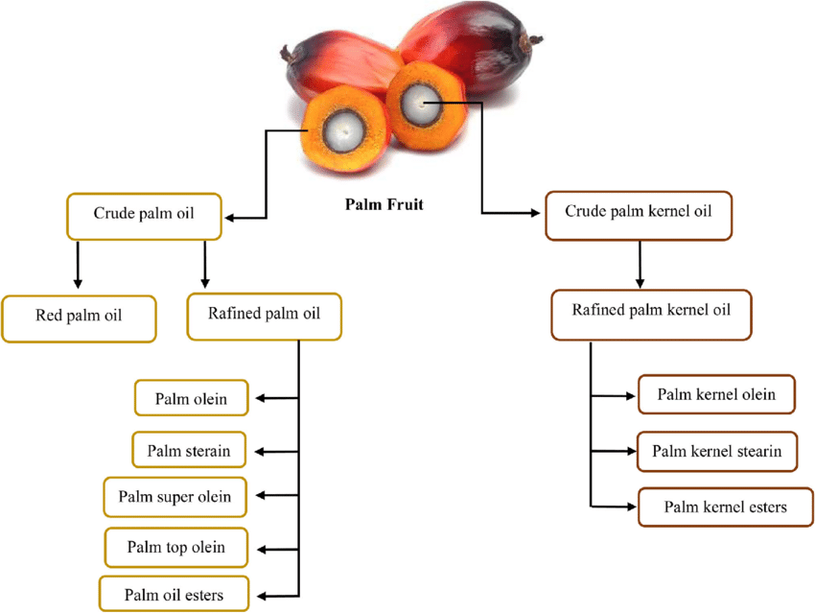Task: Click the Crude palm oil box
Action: pyautogui.click(x=144, y=215)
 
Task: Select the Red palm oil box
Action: pyautogui.click(x=80, y=318)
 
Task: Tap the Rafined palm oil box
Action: pyautogui.click(x=265, y=316)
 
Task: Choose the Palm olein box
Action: pyautogui.click(x=192, y=399)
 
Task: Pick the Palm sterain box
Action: pyautogui.click(x=189, y=449)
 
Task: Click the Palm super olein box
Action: pyautogui.click(x=175, y=497)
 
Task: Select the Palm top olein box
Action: pyautogui.click(x=176, y=547)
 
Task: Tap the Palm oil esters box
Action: pyautogui.click(x=175, y=595)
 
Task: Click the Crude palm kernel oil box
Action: pyautogui.click(x=639, y=214)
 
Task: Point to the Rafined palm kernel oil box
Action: pyautogui.click(x=651, y=314)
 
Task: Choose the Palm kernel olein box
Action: pyautogui.click(x=716, y=393)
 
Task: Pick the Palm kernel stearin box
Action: pyautogui.click(x=716, y=450)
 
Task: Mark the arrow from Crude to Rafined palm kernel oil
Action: pyautogui.click(x=640, y=264)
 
